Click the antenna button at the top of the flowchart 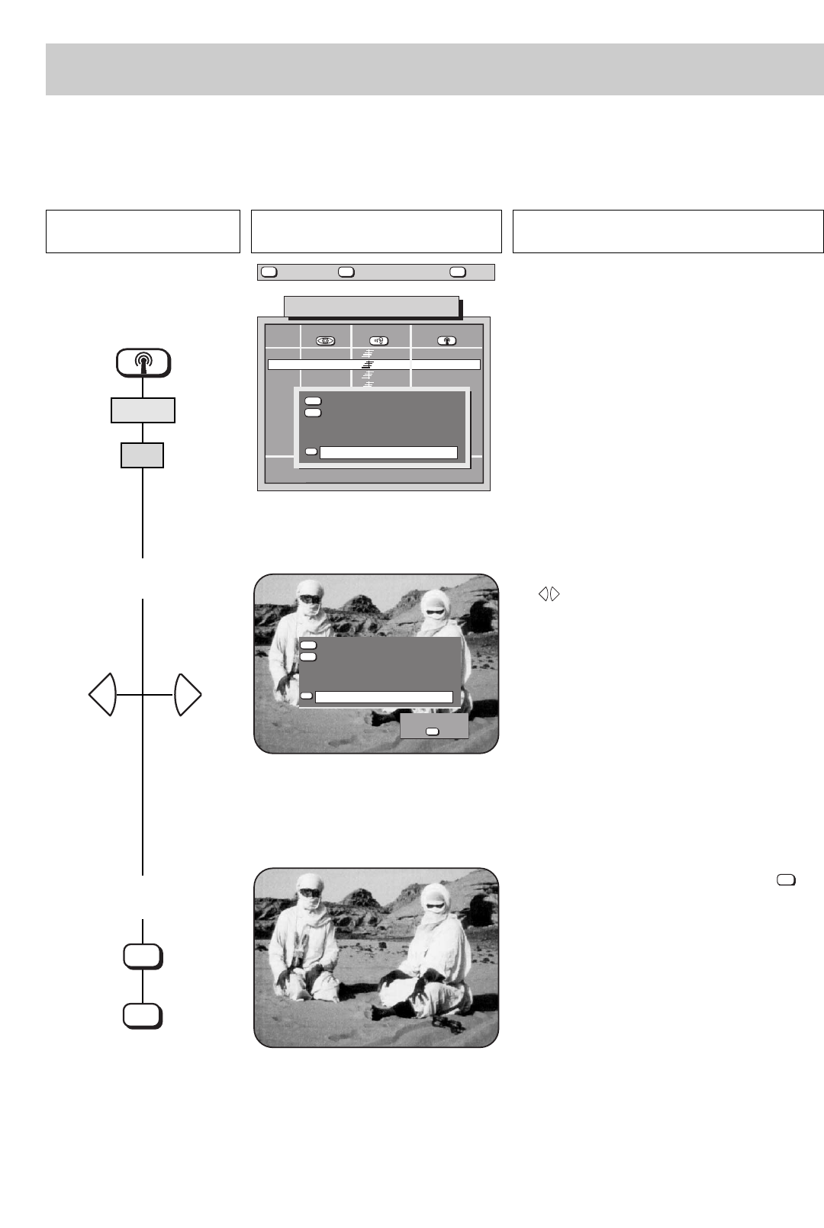click(143, 362)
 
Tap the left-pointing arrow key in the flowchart click(102, 695)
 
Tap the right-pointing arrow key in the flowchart click(187, 695)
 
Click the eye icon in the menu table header click(326, 341)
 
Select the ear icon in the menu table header click(379, 341)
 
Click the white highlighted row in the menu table click(374, 365)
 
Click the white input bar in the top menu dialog click(388, 453)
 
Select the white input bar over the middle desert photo click(384, 697)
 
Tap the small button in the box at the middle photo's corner click(433, 731)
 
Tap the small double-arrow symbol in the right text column click(549, 593)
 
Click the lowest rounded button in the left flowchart click(143, 1016)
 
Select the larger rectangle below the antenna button click(143, 410)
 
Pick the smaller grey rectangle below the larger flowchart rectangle click(143, 456)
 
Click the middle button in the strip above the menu click(346, 272)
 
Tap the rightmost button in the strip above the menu click(458, 272)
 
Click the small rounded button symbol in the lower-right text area click(786, 880)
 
